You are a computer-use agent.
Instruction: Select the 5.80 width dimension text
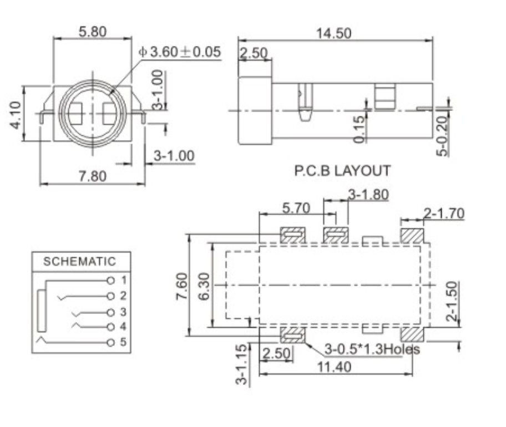coord(92,32)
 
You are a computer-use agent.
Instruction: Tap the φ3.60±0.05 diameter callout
coord(180,52)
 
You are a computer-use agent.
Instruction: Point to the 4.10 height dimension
coord(15,115)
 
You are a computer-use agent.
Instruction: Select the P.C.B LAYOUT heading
coord(342,170)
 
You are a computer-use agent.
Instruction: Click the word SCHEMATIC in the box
coord(80,262)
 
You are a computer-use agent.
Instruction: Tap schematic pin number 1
coord(123,280)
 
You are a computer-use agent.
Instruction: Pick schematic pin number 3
coord(123,312)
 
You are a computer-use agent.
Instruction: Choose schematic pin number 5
coord(123,342)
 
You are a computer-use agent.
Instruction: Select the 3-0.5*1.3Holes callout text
coord(372,349)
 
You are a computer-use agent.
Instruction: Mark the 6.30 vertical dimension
coord(204,286)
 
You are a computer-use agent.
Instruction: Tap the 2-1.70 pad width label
coord(444,213)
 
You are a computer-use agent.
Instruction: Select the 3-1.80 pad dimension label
coord(368,194)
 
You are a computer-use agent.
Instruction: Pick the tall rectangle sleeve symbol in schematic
coord(42,311)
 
